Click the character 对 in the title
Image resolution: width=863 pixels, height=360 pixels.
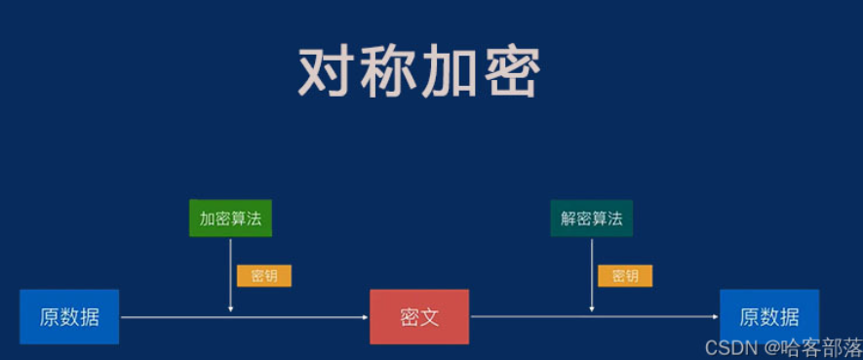(328, 70)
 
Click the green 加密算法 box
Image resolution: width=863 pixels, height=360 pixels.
(230, 219)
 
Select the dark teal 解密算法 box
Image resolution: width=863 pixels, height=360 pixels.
(591, 219)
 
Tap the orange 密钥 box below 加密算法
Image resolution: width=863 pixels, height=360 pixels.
(264, 275)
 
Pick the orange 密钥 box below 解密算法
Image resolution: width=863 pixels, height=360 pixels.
(625, 275)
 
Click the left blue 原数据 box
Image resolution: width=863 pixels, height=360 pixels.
(69, 317)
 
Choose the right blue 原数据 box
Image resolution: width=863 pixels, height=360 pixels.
(769, 317)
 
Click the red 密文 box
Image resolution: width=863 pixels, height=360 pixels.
(419, 317)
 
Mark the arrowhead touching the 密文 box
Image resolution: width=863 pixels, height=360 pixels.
(366, 317)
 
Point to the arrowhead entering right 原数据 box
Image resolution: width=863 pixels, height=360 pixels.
(716, 317)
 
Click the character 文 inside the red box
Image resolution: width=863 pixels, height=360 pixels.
(430, 317)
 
